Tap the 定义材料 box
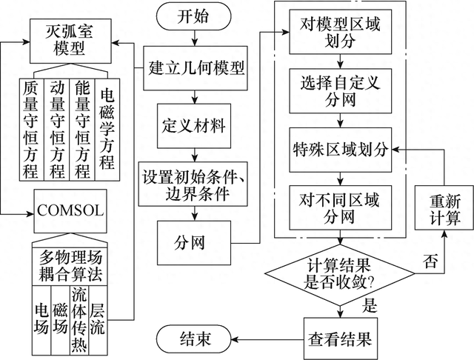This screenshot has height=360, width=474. (x=194, y=121)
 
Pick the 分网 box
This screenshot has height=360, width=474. (x=194, y=241)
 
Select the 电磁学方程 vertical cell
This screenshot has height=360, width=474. (x=106, y=130)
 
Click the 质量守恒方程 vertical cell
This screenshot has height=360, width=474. (x=32, y=130)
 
